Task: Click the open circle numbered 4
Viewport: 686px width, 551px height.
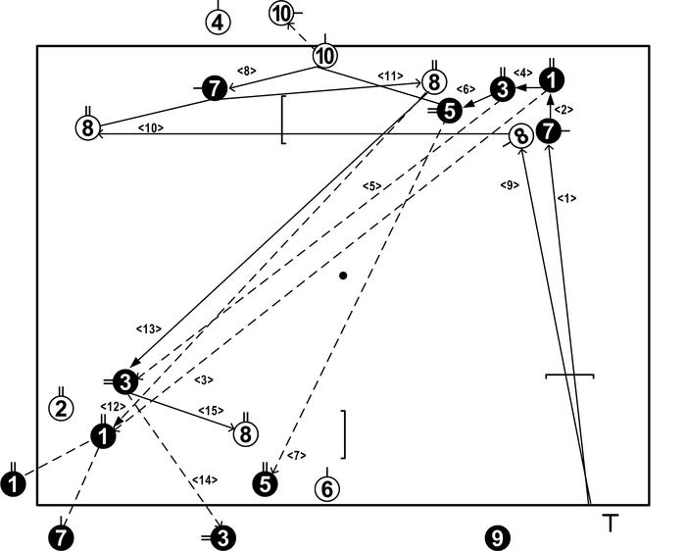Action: click(x=220, y=22)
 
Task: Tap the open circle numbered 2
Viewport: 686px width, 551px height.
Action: click(x=61, y=408)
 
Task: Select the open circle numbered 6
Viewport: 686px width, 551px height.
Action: click(x=328, y=488)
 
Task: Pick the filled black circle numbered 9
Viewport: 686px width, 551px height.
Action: click(x=497, y=537)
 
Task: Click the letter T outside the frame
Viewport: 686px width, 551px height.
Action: click(x=611, y=523)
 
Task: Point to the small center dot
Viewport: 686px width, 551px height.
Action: click(x=343, y=275)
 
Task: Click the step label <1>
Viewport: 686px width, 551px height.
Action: click(x=566, y=198)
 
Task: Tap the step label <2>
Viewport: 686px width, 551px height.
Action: click(x=565, y=110)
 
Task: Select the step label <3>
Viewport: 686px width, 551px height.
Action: click(x=204, y=379)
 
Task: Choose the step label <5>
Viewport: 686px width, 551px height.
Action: click(x=370, y=186)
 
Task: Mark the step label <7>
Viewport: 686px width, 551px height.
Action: click(x=298, y=456)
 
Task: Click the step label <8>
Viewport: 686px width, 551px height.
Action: click(x=247, y=70)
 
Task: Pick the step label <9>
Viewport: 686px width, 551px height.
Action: click(x=508, y=184)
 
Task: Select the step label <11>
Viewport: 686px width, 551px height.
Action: click(x=390, y=75)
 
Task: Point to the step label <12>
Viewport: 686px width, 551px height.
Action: click(x=111, y=406)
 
